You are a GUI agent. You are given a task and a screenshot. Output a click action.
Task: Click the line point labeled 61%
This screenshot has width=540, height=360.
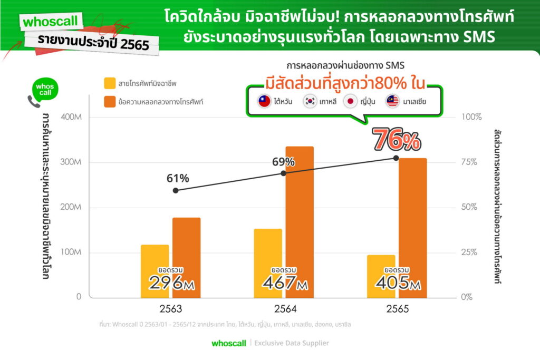click(x=176, y=190)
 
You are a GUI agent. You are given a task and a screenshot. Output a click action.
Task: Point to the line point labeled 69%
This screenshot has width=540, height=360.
click(x=283, y=173)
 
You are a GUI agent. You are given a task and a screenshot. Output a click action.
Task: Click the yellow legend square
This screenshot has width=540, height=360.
click(x=110, y=82)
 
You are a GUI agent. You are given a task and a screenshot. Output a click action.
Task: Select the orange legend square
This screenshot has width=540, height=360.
click(x=110, y=101)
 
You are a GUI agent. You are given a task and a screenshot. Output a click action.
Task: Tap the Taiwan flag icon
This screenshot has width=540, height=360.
click(x=264, y=101)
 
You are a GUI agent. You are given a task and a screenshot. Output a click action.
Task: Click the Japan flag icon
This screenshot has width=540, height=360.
click(x=350, y=101)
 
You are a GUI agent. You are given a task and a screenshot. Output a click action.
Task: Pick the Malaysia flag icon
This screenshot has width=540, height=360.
click(x=392, y=101)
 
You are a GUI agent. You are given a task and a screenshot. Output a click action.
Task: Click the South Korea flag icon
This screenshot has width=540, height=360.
click(x=310, y=101)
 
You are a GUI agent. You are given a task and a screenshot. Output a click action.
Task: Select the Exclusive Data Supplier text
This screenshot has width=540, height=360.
click(x=292, y=343)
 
